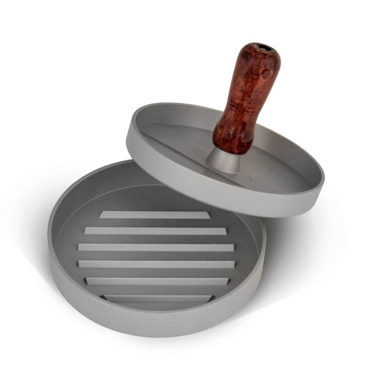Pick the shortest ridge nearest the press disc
pyautogui.click(x=155, y=215)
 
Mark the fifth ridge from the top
pyautogui.click(x=156, y=281)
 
